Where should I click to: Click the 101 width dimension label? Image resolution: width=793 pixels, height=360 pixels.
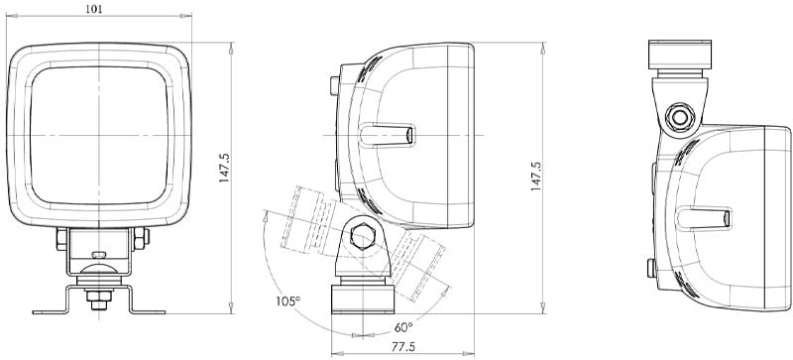click(x=96, y=9)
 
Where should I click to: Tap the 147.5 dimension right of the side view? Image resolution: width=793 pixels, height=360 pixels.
click(x=536, y=176)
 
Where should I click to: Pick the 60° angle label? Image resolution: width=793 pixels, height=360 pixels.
click(x=403, y=326)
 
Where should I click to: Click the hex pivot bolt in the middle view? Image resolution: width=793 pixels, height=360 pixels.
click(x=361, y=238)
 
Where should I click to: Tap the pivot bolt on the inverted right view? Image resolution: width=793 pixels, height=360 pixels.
click(x=681, y=116)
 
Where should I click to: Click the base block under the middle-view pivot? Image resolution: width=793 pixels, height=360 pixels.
click(x=361, y=297)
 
